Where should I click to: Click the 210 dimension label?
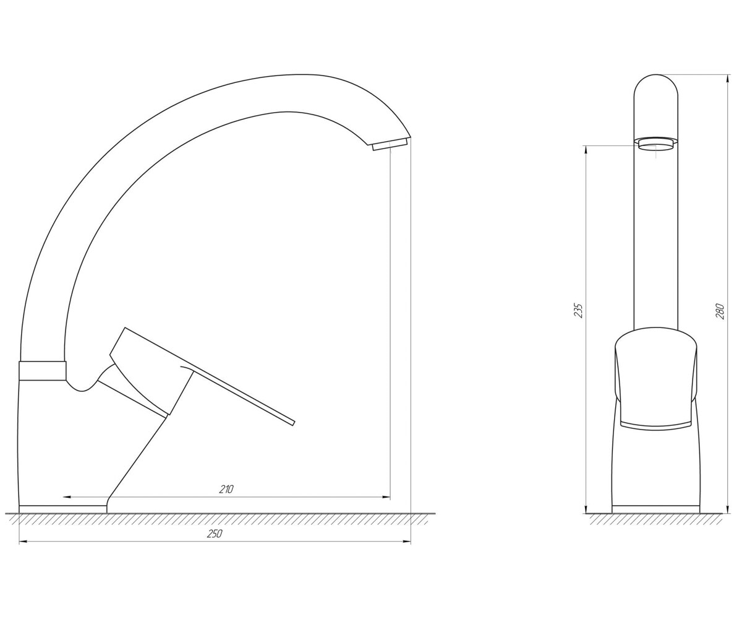point(226,489)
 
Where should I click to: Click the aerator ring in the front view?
point(656,144)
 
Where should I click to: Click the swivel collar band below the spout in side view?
point(42,370)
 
